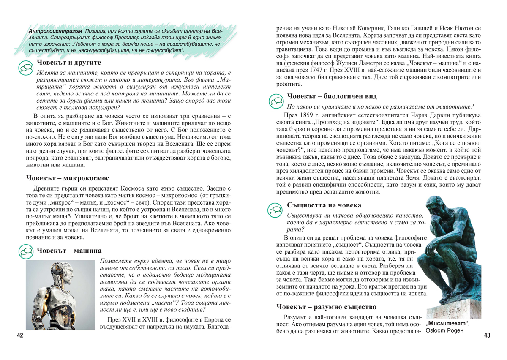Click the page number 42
[x=20, y=335]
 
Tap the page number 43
[x=487, y=335]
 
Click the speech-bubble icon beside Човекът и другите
[x=27, y=67]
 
